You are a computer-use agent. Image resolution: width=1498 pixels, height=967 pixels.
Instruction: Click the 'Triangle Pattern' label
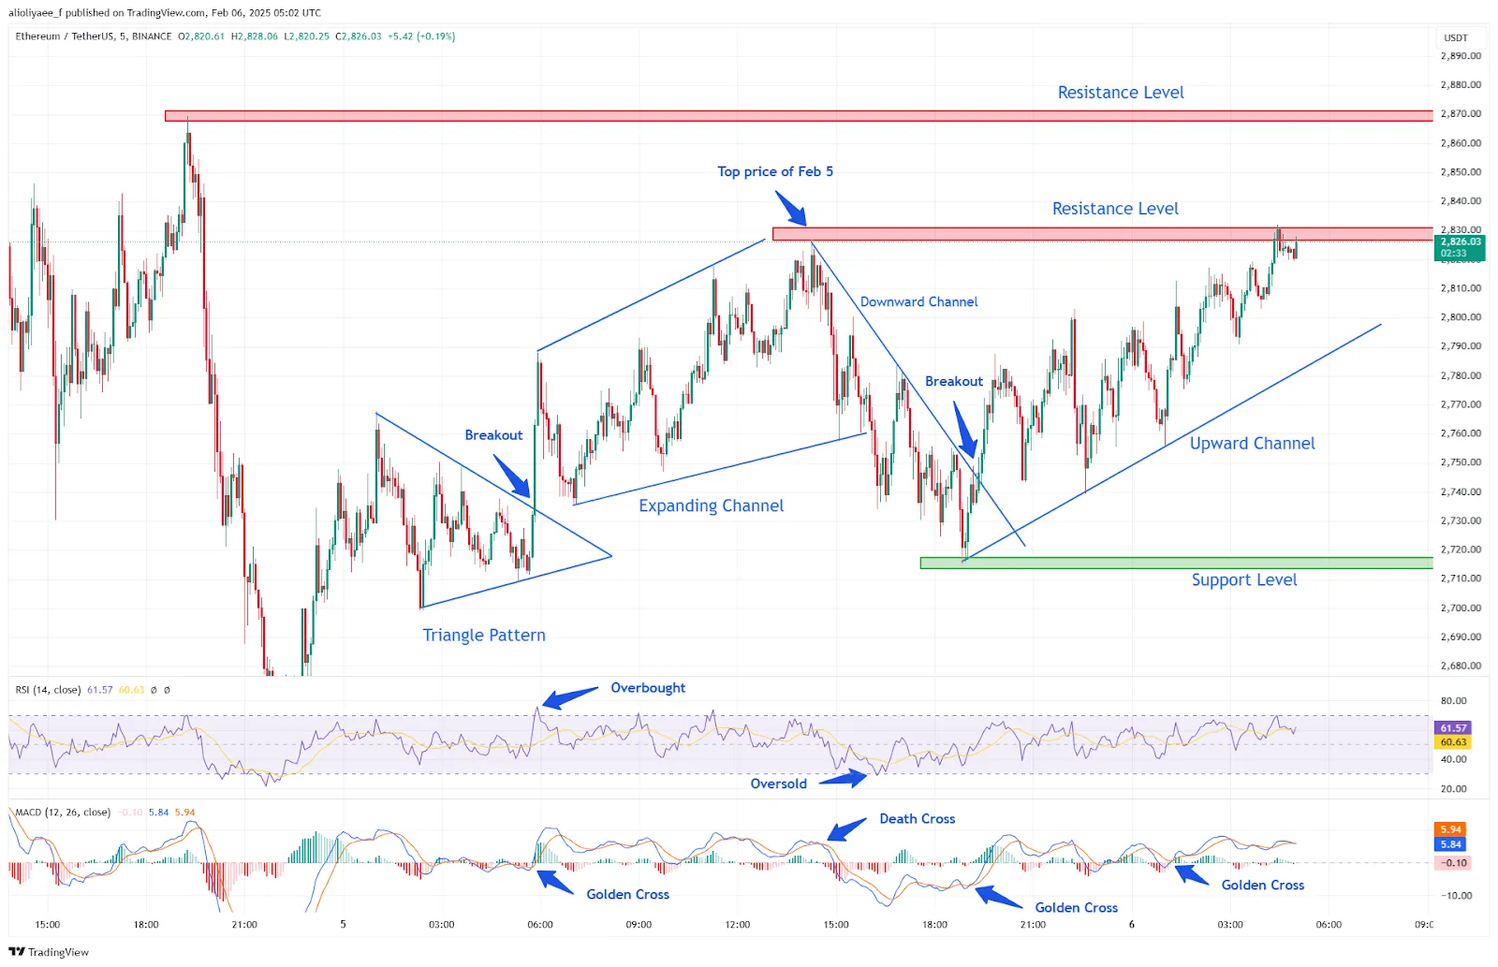[x=483, y=636]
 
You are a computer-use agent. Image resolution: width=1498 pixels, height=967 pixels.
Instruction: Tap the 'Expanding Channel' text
[x=711, y=506]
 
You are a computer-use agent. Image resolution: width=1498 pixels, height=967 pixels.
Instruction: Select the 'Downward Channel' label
[x=918, y=302]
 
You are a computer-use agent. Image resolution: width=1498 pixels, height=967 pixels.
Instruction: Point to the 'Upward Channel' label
[x=1252, y=444]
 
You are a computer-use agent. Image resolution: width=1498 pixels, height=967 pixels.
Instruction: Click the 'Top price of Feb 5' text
[x=774, y=171]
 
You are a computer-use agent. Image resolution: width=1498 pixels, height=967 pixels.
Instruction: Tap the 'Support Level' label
[x=1243, y=580]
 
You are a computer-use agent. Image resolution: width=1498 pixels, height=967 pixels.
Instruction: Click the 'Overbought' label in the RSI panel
[x=648, y=688]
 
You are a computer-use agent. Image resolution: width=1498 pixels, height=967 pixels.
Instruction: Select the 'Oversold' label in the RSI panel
[x=778, y=784]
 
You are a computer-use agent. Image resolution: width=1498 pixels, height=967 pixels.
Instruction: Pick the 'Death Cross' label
[x=917, y=819]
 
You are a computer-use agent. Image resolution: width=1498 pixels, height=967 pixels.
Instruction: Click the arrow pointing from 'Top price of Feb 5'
[x=791, y=208]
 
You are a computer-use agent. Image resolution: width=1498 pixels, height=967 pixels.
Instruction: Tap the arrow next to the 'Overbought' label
[x=569, y=697]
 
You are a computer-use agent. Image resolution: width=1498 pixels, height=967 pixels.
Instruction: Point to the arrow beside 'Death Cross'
[x=846, y=830]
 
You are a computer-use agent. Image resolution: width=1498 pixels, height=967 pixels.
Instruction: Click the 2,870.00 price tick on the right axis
[x=1461, y=114]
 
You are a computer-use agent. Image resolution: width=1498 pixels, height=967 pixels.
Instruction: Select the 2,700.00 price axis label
[x=1461, y=608]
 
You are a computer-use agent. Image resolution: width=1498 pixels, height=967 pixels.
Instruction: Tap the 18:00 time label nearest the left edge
[x=146, y=925]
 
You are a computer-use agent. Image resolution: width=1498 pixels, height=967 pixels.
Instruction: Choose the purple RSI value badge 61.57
[x=1453, y=728]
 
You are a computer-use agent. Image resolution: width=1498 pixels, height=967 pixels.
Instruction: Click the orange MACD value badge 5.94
[x=1450, y=829]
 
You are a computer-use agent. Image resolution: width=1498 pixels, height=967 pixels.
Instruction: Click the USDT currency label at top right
[x=1456, y=38]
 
